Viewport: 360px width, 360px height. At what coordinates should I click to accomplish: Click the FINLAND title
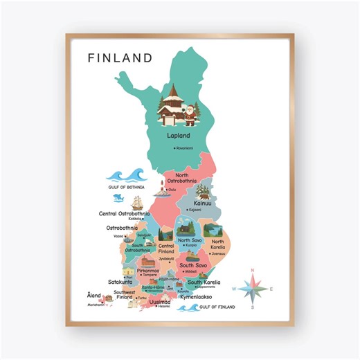click(x=120, y=57)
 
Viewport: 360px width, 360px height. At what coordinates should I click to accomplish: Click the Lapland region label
click(x=178, y=136)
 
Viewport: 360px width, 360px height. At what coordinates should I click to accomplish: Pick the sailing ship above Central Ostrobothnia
click(x=137, y=204)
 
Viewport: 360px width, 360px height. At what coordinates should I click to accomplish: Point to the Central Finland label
click(x=166, y=249)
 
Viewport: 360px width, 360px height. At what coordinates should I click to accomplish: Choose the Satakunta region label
click(x=120, y=282)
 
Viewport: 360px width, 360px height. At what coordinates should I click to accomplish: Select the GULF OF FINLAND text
click(x=216, y=306)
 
